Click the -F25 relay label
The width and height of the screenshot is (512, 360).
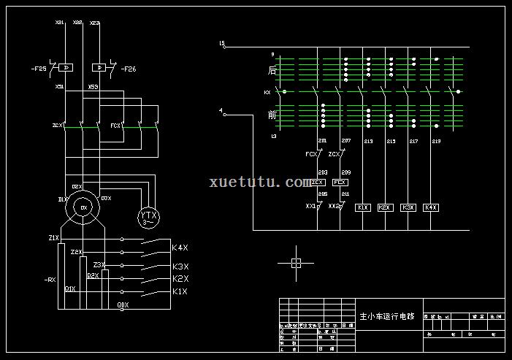39,69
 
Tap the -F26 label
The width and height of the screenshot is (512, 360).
128,69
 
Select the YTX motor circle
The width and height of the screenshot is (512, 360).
149,216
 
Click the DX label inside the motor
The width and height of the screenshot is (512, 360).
83,208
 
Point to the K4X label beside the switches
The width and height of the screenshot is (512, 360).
180,248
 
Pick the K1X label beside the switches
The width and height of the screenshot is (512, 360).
180,291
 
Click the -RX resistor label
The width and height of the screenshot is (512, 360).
50,279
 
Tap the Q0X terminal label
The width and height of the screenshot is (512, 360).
123,305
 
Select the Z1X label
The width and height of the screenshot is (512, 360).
53,238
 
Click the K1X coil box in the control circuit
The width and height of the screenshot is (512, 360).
363,207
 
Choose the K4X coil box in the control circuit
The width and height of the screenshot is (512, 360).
431,207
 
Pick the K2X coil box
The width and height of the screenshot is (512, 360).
385,207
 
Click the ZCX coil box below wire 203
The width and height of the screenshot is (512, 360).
317,182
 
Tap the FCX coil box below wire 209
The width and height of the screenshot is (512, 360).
340,182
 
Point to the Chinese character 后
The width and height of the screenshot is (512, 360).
272,71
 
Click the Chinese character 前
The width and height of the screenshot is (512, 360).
272,115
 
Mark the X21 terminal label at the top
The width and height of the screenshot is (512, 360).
59,23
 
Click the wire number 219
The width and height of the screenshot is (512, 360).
436,140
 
